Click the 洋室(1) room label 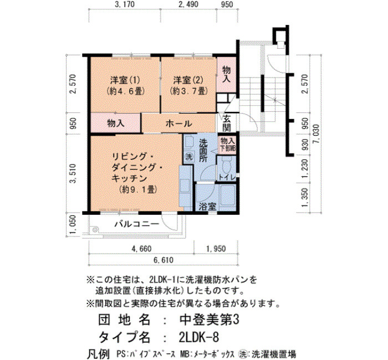pos(125,80)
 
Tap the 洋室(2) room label pos(188,80)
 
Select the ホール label pos(179,124)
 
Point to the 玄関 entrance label pos(227,124)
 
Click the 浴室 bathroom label pos(207,207)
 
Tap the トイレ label pos(227,177)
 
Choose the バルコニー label pos(136,224)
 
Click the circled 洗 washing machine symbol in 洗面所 pos(190,157)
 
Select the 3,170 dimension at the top pos(125,4)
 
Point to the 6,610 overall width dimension pos(164,260)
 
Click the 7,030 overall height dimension pos(316,136)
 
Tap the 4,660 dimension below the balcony pos(141,249)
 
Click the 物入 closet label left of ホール pos(115,123)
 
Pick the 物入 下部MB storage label pos(227,145)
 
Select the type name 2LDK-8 pos(198,337)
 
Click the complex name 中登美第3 pos(209,320)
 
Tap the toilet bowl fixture pos(226,166)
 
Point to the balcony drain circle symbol pos(94,229)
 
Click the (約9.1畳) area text pos(137,189)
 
